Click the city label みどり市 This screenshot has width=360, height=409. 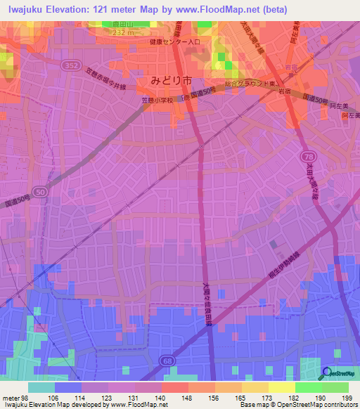coord(169,79)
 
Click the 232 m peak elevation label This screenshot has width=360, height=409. coord(112,32)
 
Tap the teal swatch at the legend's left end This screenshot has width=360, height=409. coord(41,387)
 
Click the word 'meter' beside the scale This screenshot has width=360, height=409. coord(12,398)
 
